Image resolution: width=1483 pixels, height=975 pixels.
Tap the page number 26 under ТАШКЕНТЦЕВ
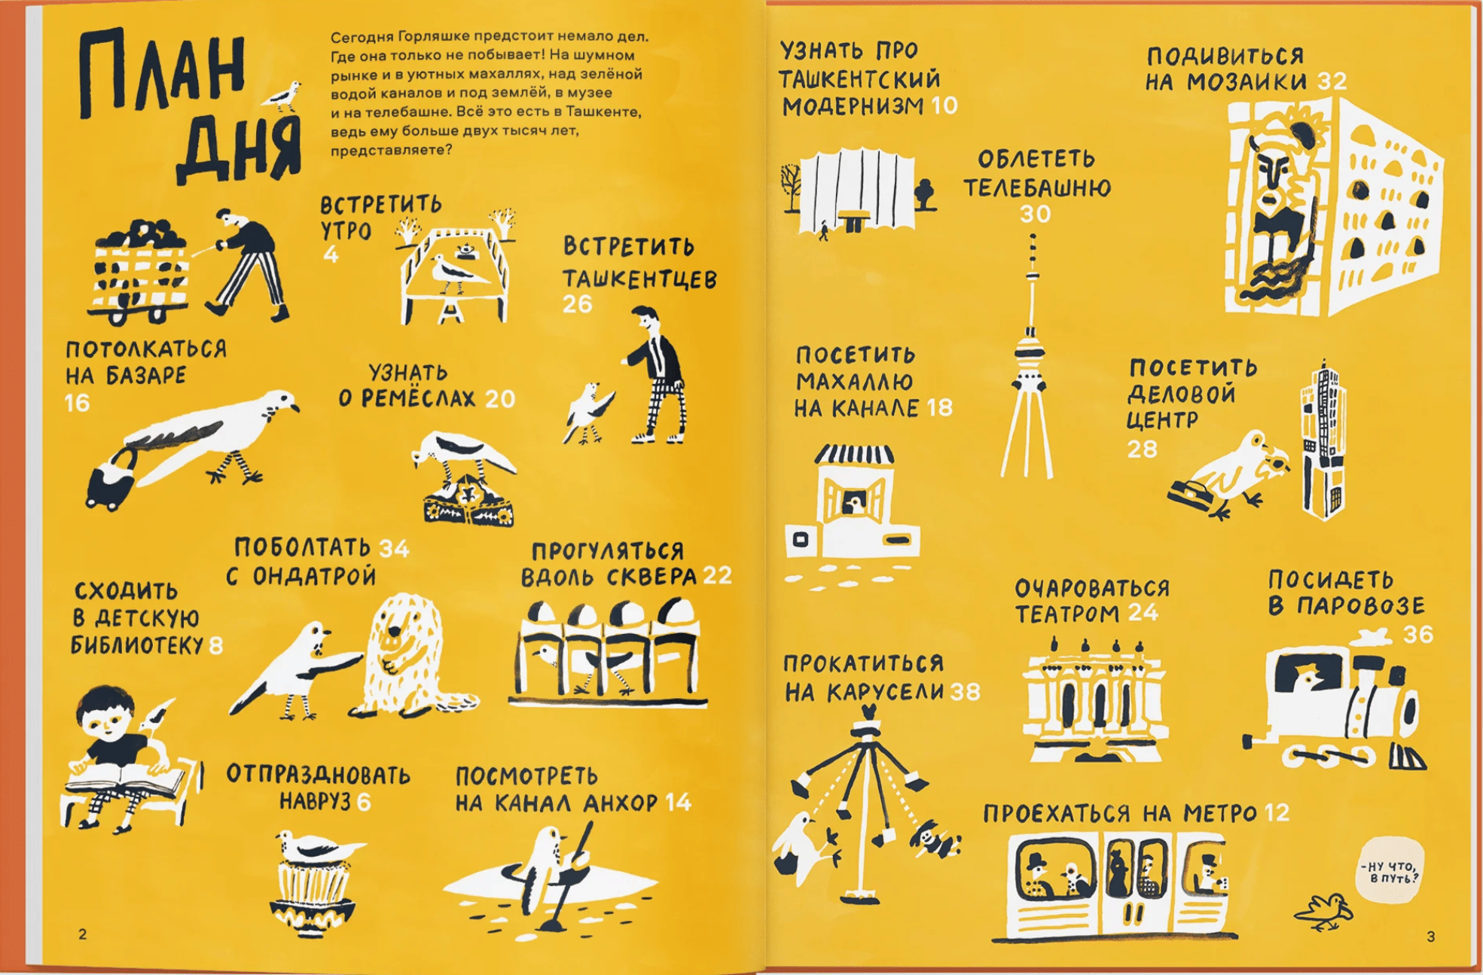click(578, 304)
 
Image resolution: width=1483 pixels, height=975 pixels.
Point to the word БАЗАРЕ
click(146, 376)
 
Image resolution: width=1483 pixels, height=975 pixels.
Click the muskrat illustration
click(407, 654)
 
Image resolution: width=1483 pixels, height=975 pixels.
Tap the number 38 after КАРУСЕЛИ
click(965, 691)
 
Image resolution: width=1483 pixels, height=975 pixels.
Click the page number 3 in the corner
click(1431, 937)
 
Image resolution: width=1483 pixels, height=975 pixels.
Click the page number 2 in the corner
click(82, 934)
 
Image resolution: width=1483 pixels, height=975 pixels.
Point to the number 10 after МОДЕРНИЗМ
click(944, 105)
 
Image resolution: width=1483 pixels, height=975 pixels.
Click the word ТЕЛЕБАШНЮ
click(1037, 187)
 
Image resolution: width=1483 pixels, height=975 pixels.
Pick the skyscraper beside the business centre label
click(1321, 440)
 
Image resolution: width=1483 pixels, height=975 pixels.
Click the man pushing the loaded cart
click(247, 264)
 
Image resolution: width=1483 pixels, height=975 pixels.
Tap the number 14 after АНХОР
click(678, 803)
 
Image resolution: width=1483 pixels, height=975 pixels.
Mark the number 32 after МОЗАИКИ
click(1332, 81)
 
